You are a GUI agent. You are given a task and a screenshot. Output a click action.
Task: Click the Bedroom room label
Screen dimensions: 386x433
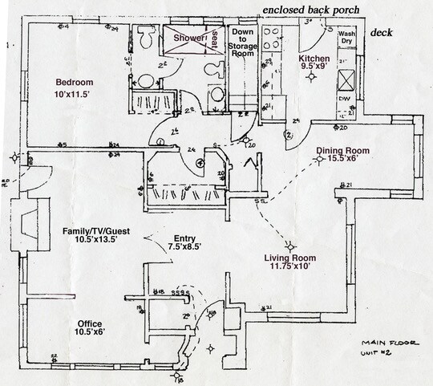75,82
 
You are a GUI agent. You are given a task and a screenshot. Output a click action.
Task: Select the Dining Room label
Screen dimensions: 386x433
342,151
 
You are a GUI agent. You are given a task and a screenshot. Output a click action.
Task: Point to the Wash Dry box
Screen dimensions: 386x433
346,40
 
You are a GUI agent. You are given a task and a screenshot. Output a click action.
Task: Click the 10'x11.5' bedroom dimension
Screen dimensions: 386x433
75,95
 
